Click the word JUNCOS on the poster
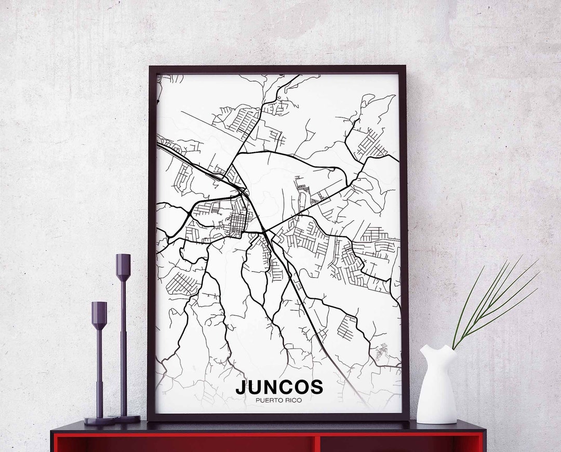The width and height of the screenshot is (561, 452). (279, 387)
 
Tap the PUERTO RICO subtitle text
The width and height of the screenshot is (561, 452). (279, 400)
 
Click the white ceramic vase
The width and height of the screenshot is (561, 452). (436, 387)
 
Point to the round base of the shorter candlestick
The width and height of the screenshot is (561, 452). (99, 421)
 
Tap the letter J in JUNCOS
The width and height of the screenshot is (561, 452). (241, 388)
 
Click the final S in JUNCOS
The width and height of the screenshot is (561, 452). (316, 388)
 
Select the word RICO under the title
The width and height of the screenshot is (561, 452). (292, 400)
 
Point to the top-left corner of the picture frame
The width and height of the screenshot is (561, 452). (150, 67)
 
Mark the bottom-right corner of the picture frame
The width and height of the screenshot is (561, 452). (408, 419)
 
